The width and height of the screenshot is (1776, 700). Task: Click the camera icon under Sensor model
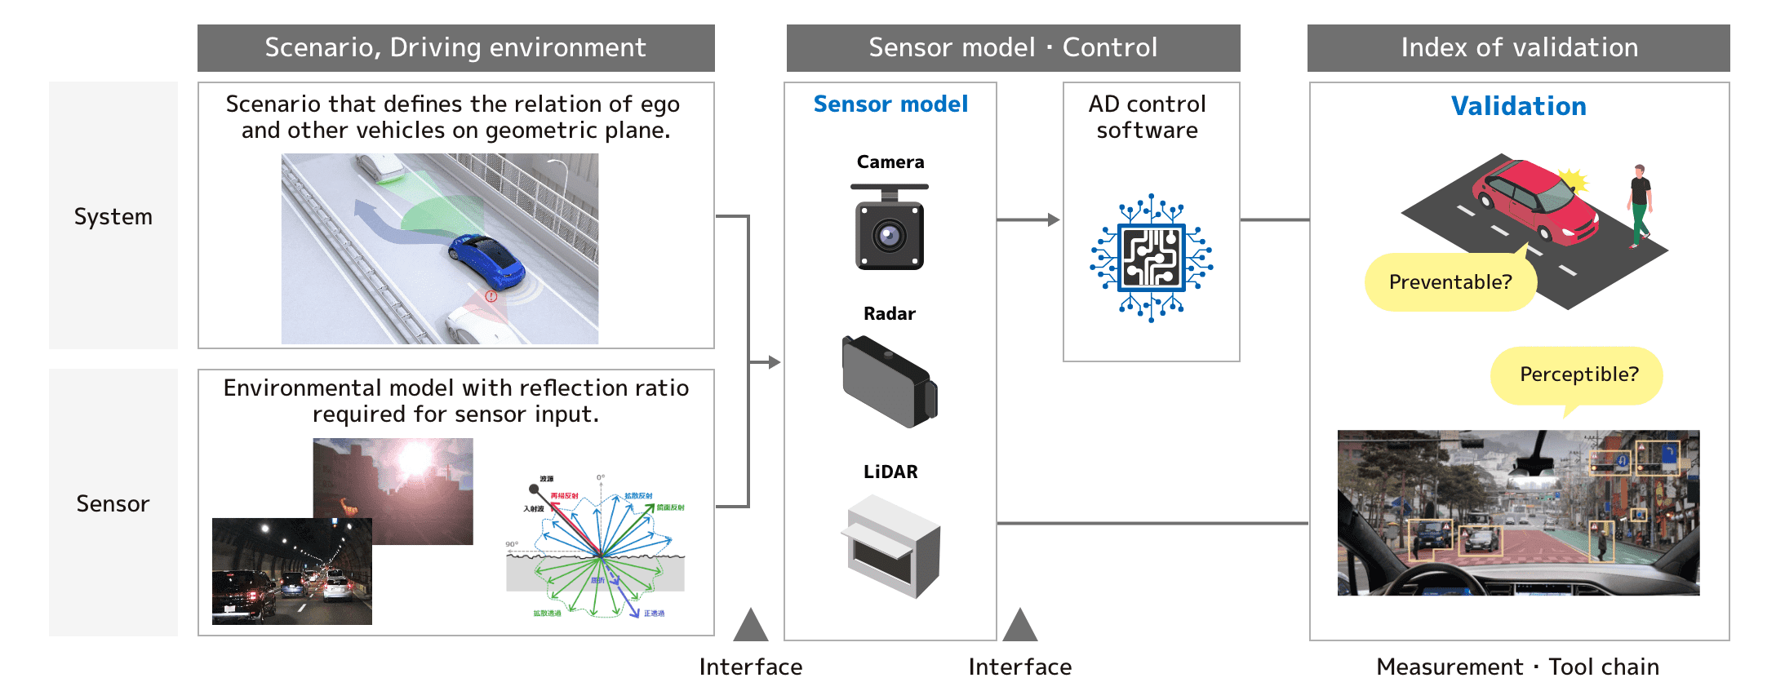[890, 228]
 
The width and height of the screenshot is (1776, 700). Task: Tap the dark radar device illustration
[890, 382]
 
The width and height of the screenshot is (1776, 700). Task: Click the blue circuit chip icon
[1152, 258]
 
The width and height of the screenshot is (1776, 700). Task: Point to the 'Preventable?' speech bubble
[1450, 282]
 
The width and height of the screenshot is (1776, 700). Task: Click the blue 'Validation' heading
[1518, 106]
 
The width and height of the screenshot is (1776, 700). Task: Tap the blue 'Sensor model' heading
[890, 104]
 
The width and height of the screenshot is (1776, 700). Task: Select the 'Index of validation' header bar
[1518, 48]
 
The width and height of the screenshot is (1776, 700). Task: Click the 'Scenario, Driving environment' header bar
[455, 48]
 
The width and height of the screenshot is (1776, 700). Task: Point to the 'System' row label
[113, 216]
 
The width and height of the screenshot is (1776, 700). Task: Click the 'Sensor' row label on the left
[113, 503]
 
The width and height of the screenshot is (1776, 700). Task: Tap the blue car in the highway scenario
[486, 259]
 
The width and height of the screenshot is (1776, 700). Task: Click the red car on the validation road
[1534, 201]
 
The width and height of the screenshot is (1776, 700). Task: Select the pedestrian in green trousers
[1639, 205]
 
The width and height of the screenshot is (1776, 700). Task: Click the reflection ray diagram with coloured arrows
[597, 545]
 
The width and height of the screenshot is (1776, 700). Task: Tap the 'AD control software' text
[1147, 117]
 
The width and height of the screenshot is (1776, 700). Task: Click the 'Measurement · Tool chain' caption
[1517, 667]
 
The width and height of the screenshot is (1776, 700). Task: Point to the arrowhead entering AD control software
[1054, 219]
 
